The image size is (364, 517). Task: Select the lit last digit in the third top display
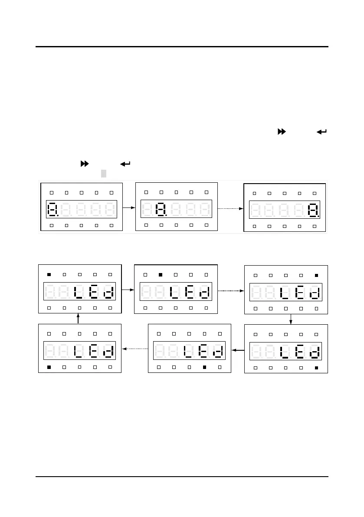click(x=312, y=211)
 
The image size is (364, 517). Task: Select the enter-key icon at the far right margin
click(x=321, y=132)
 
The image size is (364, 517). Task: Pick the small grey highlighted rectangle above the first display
click(x=104, y=174)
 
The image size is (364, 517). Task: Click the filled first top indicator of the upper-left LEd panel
click(x=49, y=274)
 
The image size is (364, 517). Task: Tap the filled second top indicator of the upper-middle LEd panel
click(x=161, y=275)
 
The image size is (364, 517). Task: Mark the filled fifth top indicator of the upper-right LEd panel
click(x=316, y=275)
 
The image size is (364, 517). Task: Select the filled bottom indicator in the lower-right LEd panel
click(x=316, y=368)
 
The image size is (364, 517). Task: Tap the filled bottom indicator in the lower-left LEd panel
click(x=49, y=367)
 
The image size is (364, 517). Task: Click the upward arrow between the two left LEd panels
click(x=79, y=319)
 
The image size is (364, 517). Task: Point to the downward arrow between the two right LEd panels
click(x=291, y=319)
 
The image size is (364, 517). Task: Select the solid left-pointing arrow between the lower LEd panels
click(x=238, y=349)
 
